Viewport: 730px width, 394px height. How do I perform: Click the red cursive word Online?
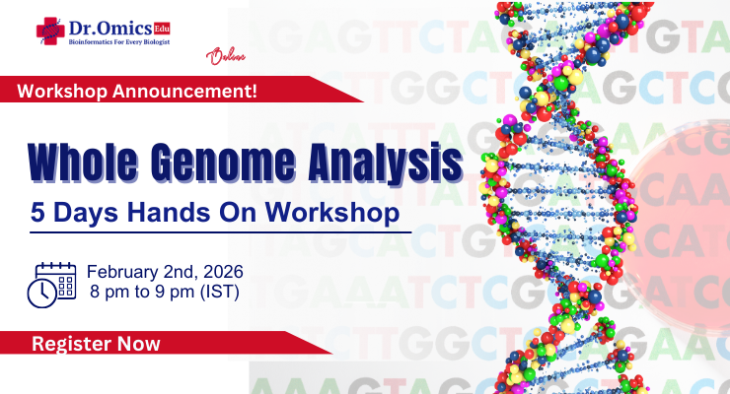[224, 57]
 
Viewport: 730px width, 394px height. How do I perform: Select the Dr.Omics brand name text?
[109, 27]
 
